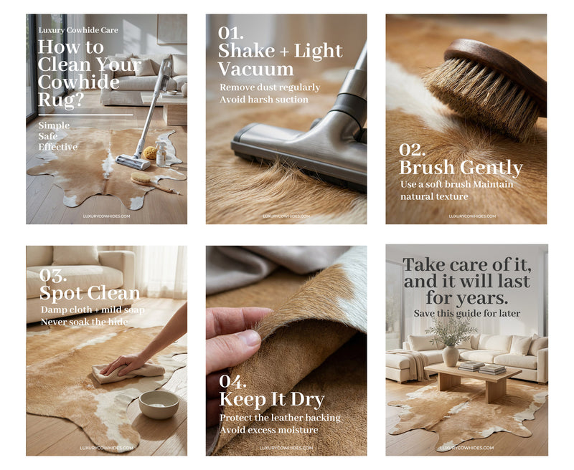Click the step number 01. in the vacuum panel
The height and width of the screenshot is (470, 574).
(x=230, y=33)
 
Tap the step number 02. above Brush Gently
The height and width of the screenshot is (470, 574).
(x=412, y=150)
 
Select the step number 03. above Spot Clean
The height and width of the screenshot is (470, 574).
(x=53, y=276)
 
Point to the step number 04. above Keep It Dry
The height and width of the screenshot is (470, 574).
(x=232, y=382)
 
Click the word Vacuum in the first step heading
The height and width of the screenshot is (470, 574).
(x=256, y=69)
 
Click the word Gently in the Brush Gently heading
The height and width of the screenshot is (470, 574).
(x=491, y=168)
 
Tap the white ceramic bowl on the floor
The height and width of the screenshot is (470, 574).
(x=159, y=404)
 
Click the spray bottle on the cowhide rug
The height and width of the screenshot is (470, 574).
(x=160, y=153)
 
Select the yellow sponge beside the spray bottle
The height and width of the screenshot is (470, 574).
(x=150, y=153)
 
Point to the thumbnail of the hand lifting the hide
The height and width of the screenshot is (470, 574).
(x=286, y=350)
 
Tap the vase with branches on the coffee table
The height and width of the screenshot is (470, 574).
(x=451, y=355)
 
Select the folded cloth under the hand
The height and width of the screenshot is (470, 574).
(x=128, y=372)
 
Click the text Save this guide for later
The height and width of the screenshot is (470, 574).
(x=467, y=314)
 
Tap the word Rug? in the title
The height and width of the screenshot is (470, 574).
(x=61, y=100)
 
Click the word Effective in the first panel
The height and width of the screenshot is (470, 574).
(x=58, y=147)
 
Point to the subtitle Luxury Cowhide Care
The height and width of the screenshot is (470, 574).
(x=78, y=30)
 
